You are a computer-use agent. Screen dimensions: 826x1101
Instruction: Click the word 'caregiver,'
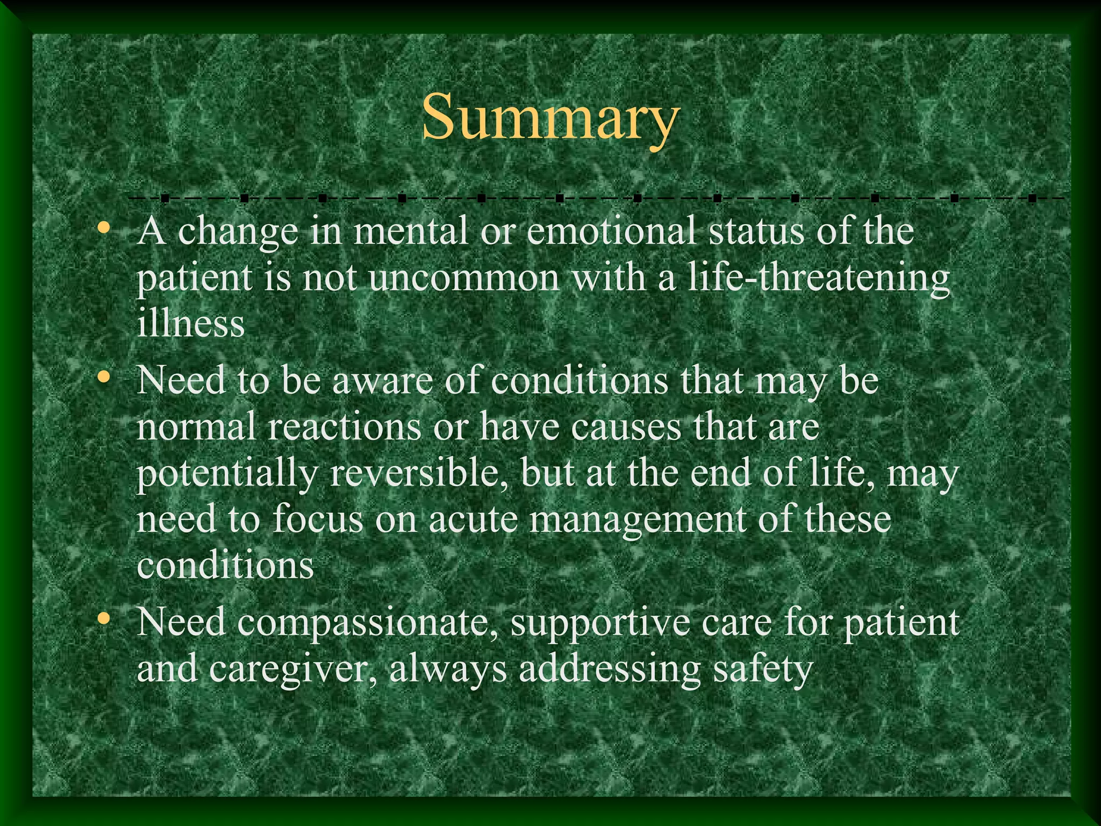pyautogui.click(x=292, y=670)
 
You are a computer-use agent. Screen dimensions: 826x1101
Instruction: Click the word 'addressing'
pyautogui.click(x=610, y=670)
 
